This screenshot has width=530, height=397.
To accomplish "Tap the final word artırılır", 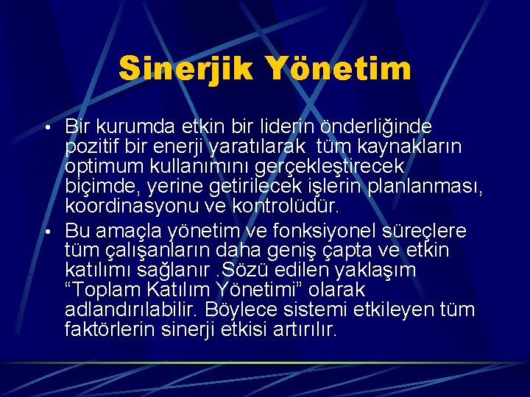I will [303, 330].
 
